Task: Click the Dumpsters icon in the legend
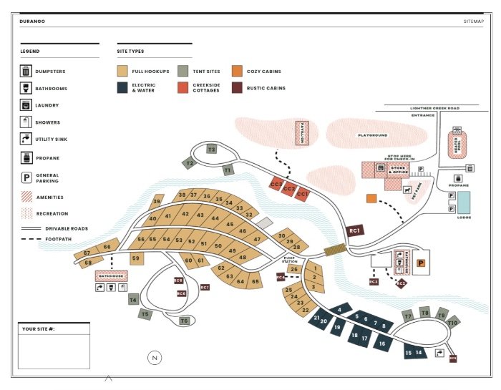point(26,71)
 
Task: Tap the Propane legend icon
point(26,158)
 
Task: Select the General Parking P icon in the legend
point(26,177)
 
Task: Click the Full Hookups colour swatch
point(122,71)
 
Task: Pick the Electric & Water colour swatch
point(122,87)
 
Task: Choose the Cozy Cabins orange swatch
point(237,71)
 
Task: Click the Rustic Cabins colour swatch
point(237,87)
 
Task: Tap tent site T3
point(211,149)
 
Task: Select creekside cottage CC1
point(302,194)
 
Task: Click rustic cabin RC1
point(355,230)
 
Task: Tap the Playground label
point(372,135)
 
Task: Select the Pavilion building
point(302,133)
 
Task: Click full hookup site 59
point(135,258)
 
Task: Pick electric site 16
point(382,344)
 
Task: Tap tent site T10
point(452,323)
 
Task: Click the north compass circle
point(155,357)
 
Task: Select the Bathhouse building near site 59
point(111,276)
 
